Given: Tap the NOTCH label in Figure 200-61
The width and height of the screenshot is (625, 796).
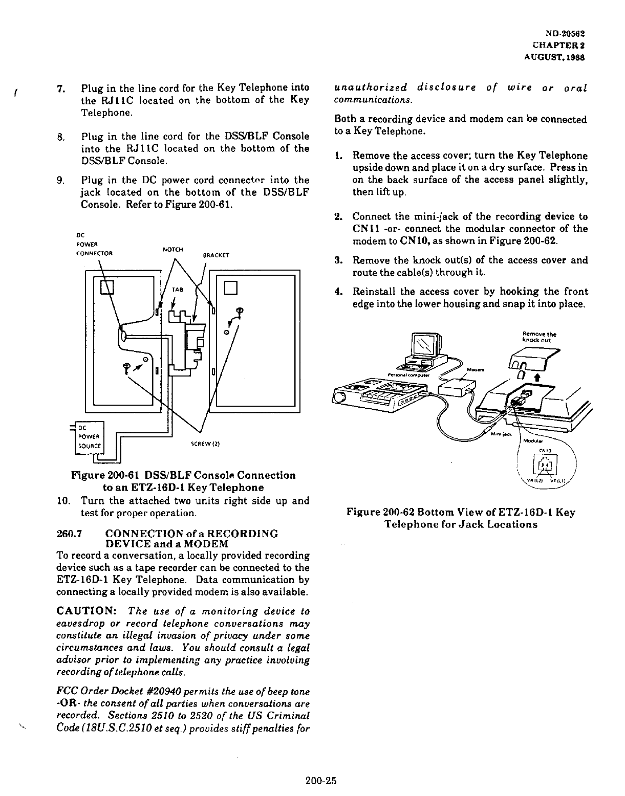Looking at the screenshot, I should click(173, 249).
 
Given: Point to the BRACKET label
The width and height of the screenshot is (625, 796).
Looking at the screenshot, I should click(217, 255).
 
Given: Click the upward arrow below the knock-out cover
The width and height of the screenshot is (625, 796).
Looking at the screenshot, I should click(536, 377).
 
